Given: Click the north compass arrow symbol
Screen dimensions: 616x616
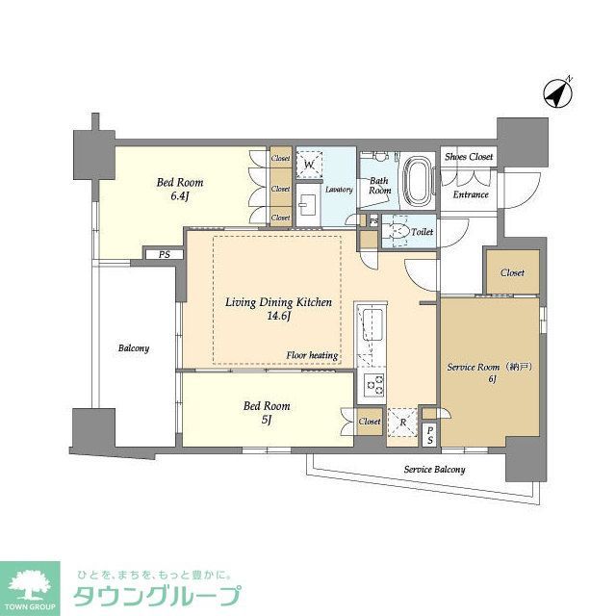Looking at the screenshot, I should point(557,92).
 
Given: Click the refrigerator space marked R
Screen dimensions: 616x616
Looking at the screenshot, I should point(401,421).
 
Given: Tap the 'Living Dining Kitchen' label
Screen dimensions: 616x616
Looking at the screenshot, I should point(278,302).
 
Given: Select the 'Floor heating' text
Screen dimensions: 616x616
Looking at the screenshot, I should point(312,355).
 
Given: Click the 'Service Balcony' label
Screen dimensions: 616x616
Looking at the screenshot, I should point(434,470).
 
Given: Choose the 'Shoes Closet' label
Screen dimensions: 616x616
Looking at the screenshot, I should point(468,157).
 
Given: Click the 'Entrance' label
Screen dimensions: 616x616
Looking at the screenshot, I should point(471,195).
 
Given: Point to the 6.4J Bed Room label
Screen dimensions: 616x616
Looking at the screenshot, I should point(181,189).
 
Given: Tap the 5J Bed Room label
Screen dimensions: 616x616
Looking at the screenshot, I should point(266,413).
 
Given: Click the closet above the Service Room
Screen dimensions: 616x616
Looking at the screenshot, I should point(512,273).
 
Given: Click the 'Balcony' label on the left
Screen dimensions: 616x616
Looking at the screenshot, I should point(134,348).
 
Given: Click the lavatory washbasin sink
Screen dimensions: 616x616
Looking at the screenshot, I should point(308,202).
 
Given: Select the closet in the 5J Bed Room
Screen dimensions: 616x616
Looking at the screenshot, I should point(369,422).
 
